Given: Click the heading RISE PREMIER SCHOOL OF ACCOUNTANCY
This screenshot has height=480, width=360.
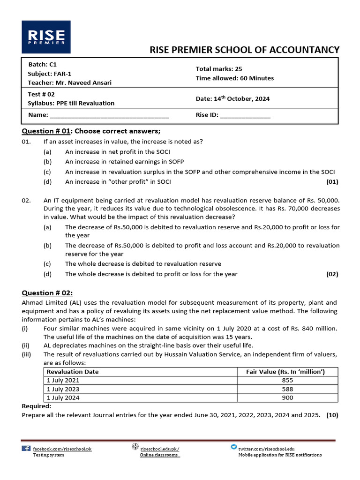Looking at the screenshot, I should (244, 50).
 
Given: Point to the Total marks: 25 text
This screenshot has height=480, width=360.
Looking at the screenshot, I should (219, 69).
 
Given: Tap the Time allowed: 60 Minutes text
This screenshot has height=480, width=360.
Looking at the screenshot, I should (234, 78).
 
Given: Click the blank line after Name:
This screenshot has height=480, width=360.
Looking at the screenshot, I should (109, 115).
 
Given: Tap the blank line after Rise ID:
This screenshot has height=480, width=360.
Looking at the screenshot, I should (245, 115).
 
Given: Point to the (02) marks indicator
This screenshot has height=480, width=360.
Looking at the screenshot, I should (332, 274).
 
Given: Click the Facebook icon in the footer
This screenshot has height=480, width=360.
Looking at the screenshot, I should (26, 448).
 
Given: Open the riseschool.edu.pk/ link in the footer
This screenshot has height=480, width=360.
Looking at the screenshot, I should (159, 449).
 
